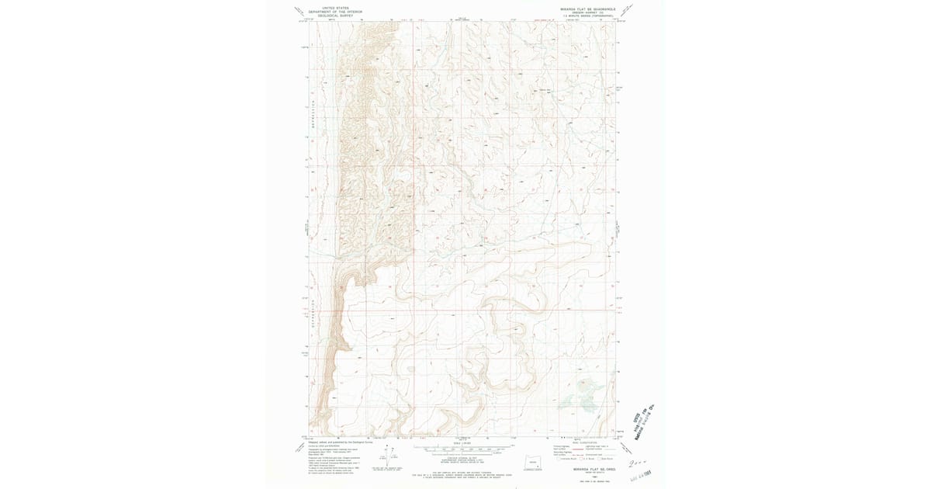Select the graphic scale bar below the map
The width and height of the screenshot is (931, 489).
pos(464,449)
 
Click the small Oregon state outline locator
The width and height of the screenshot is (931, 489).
pos(533,463)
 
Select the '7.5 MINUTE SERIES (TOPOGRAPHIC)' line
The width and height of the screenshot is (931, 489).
pos(587,16)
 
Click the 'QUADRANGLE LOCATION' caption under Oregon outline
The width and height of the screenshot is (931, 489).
pos(533,470)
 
